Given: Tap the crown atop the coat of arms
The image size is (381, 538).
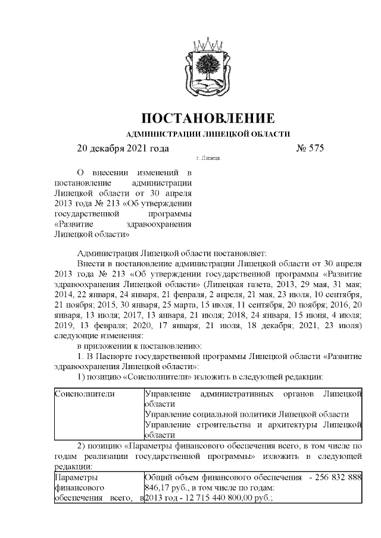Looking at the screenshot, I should tap(208, 43).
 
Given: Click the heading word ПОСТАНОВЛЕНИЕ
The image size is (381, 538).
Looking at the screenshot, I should tap(208, 117).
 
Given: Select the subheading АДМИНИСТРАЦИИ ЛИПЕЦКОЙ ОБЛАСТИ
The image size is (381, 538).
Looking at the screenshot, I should tap(208, 134).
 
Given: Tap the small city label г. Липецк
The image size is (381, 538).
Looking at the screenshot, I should tap(208, 159).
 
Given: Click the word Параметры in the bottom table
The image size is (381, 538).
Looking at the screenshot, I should tap(74, 477).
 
